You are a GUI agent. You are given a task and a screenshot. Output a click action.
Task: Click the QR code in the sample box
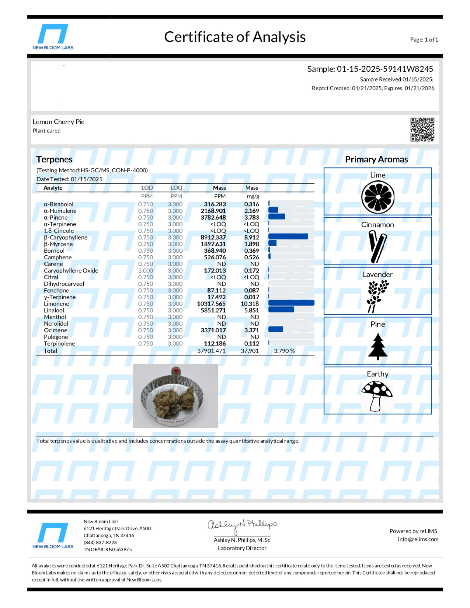click(x=422, y=130)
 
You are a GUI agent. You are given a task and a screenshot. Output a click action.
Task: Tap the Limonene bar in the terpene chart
click(x=291, y=303)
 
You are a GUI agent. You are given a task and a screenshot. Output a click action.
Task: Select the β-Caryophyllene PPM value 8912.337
click(x=213, y=237)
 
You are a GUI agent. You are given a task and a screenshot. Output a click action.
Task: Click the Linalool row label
click(x=54, y=310)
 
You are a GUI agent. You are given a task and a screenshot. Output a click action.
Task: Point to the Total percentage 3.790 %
click(x=284, y=351)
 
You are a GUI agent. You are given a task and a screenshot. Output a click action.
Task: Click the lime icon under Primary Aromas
click(x=378, y=197)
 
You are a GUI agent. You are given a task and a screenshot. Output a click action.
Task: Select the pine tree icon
click(x=378, y=346)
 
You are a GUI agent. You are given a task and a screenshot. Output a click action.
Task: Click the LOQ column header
click(x=176, y=188)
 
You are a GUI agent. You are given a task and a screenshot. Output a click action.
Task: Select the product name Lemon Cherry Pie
click(x=58, y=122)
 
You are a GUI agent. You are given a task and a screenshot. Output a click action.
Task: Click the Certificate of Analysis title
click(x=235, y=37)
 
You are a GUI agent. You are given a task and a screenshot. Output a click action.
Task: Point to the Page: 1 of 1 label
click(x=424, y=40)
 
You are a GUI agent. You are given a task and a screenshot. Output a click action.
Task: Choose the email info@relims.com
click(x=418, y=539)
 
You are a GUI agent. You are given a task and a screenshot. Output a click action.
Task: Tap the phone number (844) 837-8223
click(x=100, y=542)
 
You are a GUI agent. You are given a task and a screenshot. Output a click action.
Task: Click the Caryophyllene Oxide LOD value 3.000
click(x=145, y=271)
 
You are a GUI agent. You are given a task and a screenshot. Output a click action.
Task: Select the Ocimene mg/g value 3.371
click(x=252, y=330)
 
